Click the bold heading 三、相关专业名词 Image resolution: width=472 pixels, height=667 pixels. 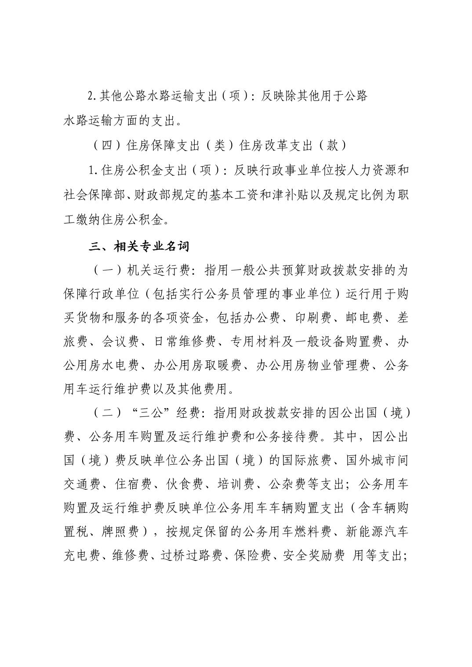[x=138, y=247]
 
